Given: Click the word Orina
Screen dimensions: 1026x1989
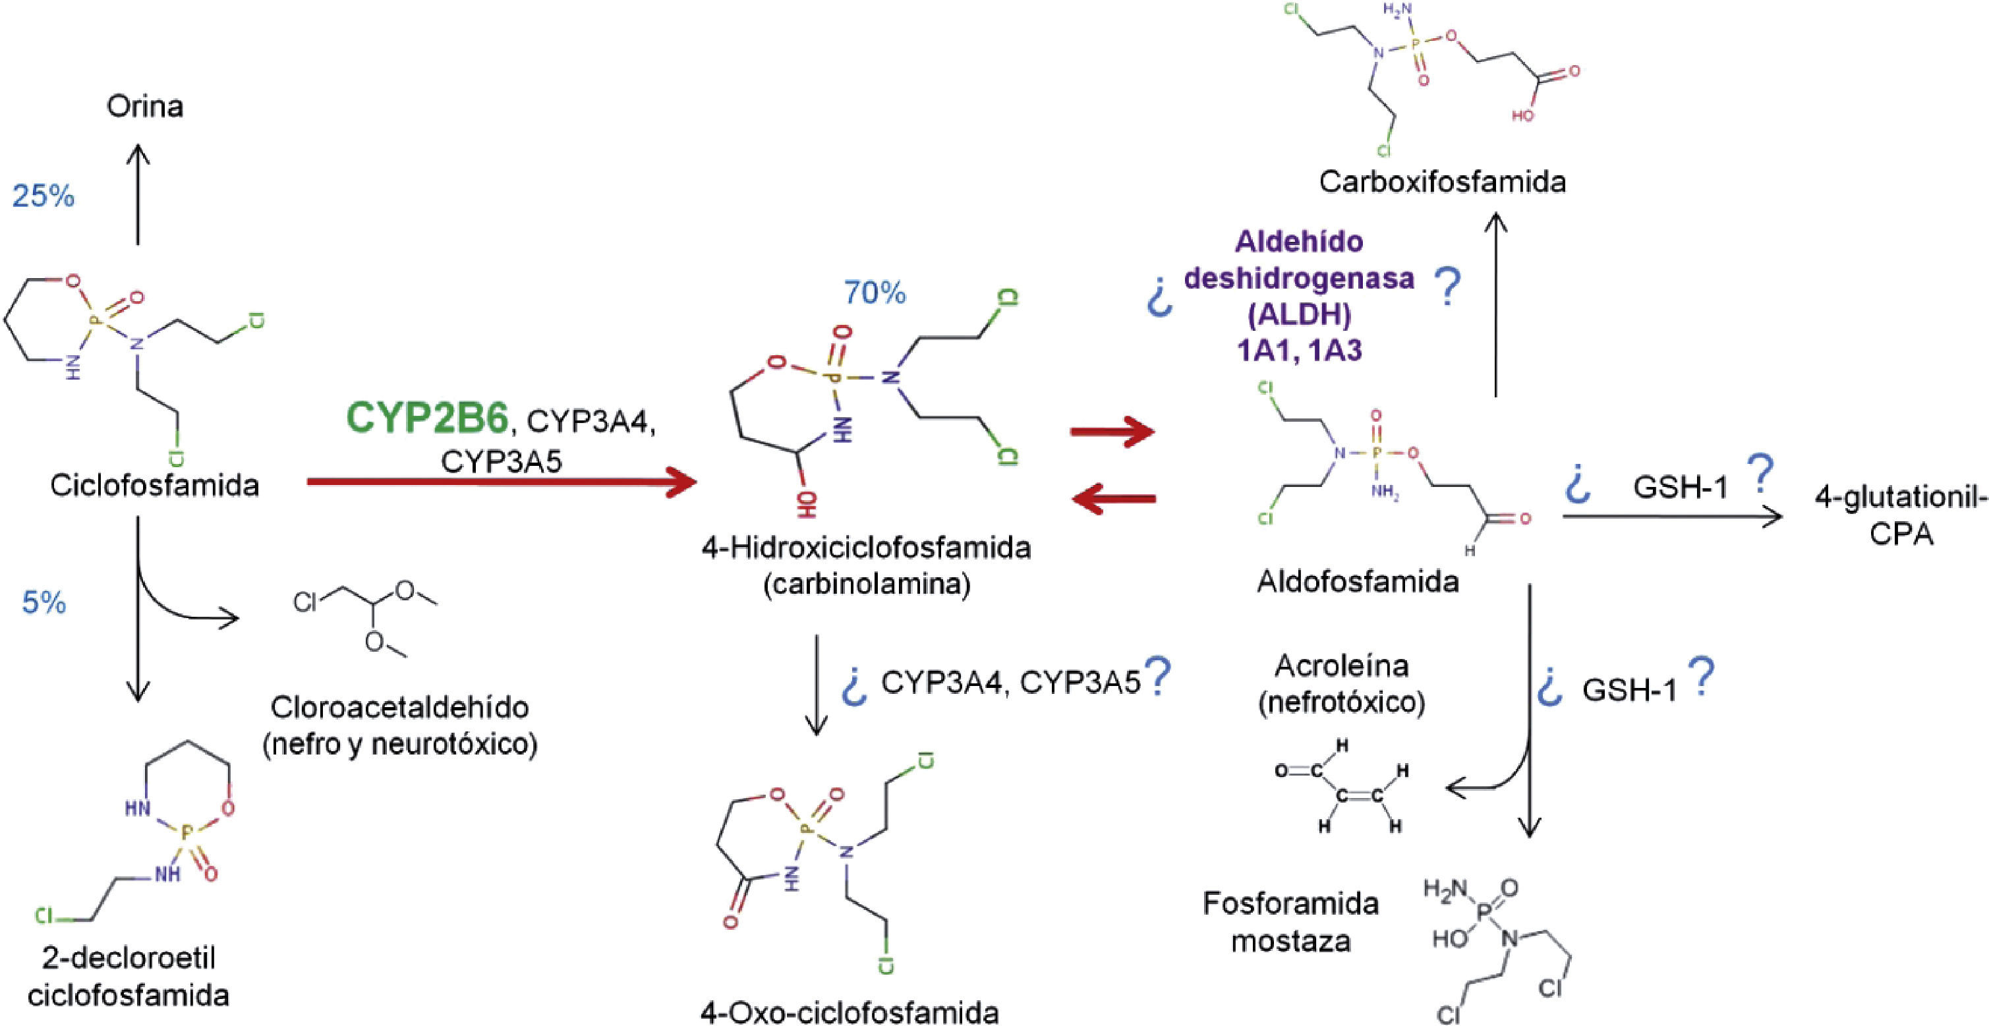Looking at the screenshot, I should (x=144, y=107).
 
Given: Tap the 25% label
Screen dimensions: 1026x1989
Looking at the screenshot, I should (x=43, y=197).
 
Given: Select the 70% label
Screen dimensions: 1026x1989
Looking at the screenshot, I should (x=875, y=293).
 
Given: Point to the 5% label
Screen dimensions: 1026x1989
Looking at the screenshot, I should (x=44, y=603).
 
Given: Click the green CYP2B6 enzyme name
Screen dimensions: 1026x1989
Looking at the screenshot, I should (x=427, y=418).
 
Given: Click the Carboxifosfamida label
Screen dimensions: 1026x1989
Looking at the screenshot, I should (x=1443, y=182).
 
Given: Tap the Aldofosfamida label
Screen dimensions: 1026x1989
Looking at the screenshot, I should (x=1358, y=581).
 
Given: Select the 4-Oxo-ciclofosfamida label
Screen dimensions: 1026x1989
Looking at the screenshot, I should (x=850, y=1012).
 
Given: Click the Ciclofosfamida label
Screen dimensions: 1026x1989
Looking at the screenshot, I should (x=154, y=486).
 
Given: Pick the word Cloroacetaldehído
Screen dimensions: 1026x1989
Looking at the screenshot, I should (x=400, y=707).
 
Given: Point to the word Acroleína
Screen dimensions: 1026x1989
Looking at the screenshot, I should (x=1342, y=666).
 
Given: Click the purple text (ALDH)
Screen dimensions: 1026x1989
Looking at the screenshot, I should (x=1300, y=314).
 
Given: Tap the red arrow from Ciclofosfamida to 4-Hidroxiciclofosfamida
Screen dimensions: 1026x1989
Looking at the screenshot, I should (x=502, y=482).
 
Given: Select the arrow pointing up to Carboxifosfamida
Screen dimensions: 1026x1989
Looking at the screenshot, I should (x=1497, y=305).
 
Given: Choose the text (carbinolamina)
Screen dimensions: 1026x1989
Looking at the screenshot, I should (x=867, y=584).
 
